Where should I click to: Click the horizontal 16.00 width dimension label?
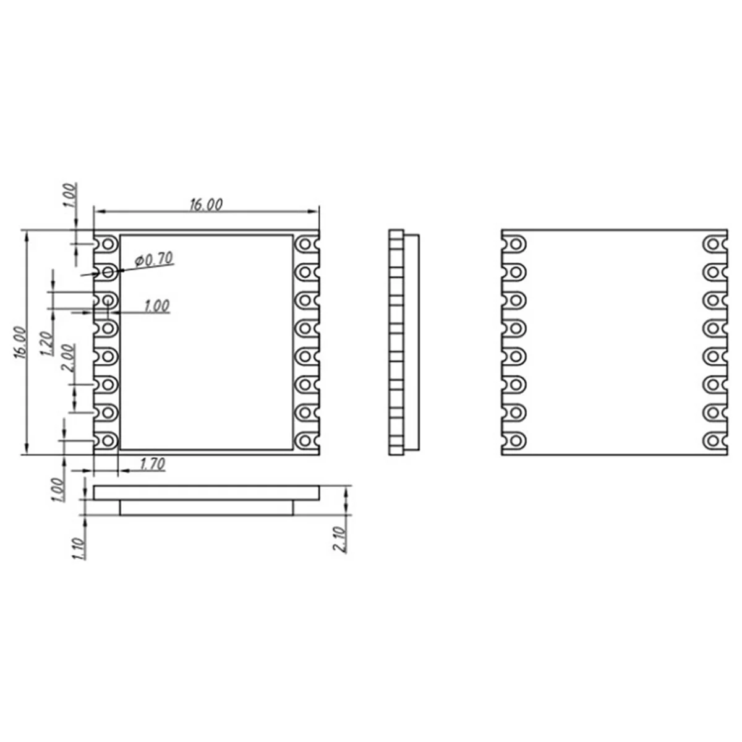(x=206, y=205)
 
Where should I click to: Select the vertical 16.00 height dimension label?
(x=19, y=343)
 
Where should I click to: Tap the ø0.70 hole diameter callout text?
(x=154, y=260)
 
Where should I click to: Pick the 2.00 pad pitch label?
(x=68, y=357)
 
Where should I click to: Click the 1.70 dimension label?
(x=152, y=464)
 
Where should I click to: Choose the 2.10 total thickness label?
(x=340, y=539)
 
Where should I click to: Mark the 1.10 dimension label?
(x=79, y=548)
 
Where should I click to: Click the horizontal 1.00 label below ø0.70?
(x=156, y=306)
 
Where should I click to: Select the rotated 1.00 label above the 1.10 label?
(x=58, y=490)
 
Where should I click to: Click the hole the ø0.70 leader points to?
(x=108, y=271)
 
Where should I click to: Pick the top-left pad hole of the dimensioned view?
(x=109, y=244)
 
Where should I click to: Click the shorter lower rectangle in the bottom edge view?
(x=207, y=508)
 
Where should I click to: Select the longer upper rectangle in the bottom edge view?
(x=207, y=493)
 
